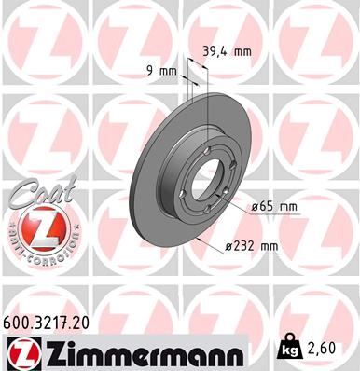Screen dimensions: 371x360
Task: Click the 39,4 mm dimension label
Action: tap(228, 52)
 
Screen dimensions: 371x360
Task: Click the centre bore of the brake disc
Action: tap(209, 181)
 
